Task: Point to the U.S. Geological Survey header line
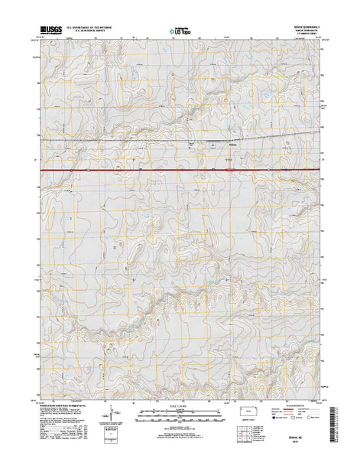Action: [x=90, y=34]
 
